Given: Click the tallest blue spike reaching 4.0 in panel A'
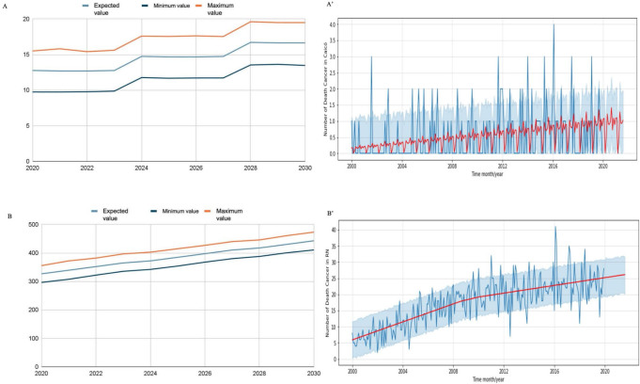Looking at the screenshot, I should pyautogui.click(x=554, y=25).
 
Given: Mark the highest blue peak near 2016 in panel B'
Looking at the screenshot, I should pyautogui.click(x=554, y=227).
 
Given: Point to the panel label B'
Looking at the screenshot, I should pyautogui.click(x=330, y=208).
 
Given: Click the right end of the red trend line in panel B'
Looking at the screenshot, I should pyautogui.click(x=625, y=275).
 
